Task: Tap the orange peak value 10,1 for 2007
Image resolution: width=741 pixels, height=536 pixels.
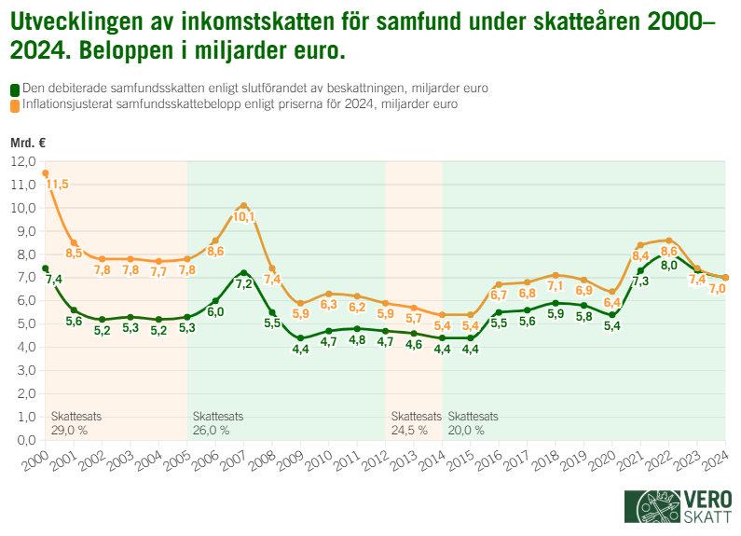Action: [243, 217]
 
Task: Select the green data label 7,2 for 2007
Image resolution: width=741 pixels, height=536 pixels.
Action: [243, 283]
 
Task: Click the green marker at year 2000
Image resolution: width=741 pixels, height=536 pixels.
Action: [46, 268]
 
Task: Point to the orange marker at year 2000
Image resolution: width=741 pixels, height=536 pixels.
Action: [46, 172]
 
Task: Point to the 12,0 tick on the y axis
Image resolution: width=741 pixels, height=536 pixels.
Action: [22, 161]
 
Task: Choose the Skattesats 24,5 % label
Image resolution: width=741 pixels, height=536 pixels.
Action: [416, 423]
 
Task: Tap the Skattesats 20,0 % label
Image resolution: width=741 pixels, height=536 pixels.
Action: [473, 423]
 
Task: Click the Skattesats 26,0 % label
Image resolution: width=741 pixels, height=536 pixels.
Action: [217, 423]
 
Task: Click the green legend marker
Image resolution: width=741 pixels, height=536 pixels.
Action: [15, 89]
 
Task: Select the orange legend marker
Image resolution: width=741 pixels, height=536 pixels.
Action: [15, 105]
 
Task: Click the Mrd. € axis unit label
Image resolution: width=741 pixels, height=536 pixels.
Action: [28, 143]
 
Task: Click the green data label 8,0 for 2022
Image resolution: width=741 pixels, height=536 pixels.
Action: [669, 266]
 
